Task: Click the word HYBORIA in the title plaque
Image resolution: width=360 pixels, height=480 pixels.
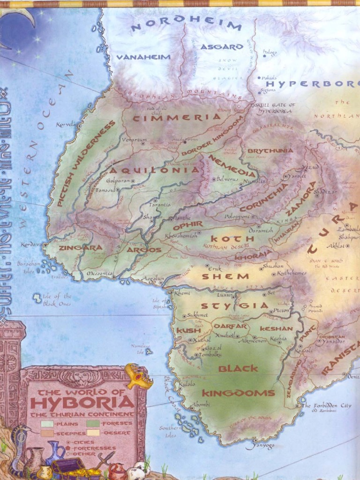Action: [82, 403]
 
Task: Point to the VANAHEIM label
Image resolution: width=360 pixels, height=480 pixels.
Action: [143, 57]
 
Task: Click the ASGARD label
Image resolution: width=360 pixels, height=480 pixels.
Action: [222, 47]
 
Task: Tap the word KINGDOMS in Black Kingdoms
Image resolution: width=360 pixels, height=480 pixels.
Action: [238, 393]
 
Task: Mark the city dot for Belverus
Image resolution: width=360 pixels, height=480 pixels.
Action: [214, 179]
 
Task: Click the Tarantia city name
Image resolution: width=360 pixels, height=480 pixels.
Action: [160, 205]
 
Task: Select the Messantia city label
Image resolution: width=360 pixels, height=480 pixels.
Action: [99, 273]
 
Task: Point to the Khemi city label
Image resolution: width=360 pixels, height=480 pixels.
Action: [182, 293]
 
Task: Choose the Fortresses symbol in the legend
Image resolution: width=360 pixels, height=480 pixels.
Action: [68, 448]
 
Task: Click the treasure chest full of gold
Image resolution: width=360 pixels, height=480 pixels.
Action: [75, 469]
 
